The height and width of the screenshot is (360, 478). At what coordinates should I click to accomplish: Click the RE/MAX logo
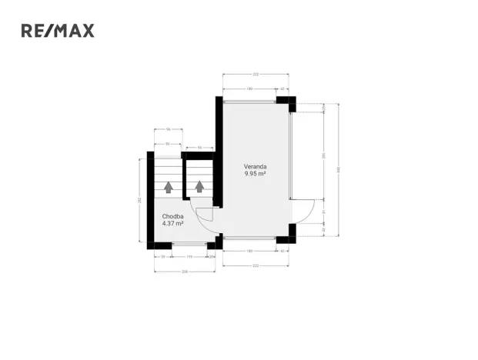point(58,31)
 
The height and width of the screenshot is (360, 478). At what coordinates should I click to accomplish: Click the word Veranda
point(256,166)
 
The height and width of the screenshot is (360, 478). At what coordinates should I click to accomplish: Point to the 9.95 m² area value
point(256,174)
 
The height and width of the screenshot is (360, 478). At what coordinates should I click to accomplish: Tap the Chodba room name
point(172,216)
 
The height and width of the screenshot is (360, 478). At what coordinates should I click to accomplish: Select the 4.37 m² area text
point(172,224)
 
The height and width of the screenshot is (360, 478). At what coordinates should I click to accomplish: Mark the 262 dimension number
point(139,200)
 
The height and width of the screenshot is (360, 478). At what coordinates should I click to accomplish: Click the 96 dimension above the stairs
point(168,129)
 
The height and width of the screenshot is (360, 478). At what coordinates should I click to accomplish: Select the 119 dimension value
point(188,256)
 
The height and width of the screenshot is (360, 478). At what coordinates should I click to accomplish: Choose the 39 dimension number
point(163,256)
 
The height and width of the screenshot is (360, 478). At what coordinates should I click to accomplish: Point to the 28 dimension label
point(211,256)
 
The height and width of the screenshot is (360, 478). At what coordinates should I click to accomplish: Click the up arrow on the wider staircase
point(168,186)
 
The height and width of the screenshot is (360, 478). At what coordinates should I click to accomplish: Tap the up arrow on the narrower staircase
point(200,186)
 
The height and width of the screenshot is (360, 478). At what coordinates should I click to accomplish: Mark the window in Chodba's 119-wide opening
point(189,245)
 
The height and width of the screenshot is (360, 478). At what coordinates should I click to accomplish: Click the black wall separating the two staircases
point(185,181)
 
